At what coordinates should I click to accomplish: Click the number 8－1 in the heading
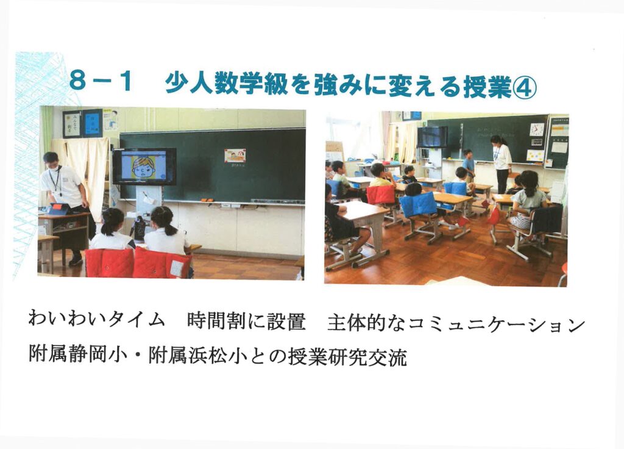(101, 82)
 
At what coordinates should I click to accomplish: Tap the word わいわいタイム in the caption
(97, 320)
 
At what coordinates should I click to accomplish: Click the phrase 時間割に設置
(246, 321)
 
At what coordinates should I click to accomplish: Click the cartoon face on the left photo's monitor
(143, 167)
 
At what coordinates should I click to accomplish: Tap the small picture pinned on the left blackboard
(235, 156)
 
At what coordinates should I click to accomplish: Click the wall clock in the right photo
(536, 129)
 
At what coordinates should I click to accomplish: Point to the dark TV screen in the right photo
(432, 137)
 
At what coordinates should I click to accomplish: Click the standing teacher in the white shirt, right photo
(501, 163)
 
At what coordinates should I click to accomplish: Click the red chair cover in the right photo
(381, 195)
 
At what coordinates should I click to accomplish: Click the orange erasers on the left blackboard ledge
(207, 199)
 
